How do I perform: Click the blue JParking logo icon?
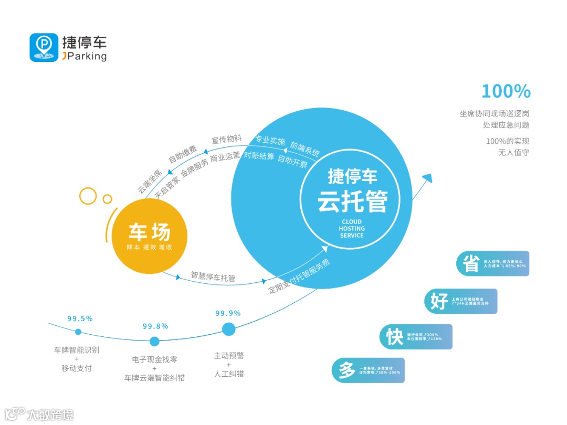point(44,48)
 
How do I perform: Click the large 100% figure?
point(506,91)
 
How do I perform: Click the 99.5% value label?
point(80,318)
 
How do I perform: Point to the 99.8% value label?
point(155,326)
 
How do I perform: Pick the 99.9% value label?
point(228,313)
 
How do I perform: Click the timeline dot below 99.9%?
point(228,329)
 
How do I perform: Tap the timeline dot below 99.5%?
point(78,332)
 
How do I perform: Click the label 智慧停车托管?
point(213,277)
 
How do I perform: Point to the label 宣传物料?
point(226,140)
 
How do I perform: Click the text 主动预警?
point(228,355)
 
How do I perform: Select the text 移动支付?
point(77,368)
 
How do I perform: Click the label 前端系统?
point(304,149)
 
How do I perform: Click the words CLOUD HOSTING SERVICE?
point(352,229)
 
